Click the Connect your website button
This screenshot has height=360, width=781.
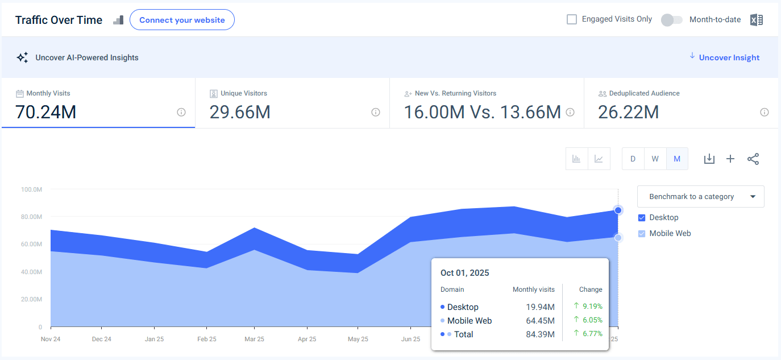tap(182, 20)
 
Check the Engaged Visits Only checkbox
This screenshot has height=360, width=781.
tap(572, 19)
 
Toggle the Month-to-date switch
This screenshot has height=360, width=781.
tap(672, 20)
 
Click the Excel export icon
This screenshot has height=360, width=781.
tap(756, 20)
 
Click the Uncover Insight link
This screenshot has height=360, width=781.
tap(729, 57)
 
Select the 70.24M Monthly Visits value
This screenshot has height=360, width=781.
tap(46, 112)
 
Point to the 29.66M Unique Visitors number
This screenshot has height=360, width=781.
tap(240, 112)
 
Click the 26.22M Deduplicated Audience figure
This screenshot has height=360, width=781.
tap(629, 112)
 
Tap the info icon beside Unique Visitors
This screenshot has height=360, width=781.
tap(376, 113)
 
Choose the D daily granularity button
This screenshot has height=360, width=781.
tap(633, 159)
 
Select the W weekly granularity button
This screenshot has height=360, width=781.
tap(655, 159)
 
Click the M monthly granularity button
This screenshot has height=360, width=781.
tap(677, 159)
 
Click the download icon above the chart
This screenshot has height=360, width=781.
tap(709, 159)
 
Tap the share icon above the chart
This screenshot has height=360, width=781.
tap(753, 159)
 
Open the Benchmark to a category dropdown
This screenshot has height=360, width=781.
tap(700, 196)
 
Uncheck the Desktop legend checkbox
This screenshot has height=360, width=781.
tap(642, 218)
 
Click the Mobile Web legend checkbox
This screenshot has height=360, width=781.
tap(642, 234)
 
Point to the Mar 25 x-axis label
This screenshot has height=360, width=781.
tap(254, 339)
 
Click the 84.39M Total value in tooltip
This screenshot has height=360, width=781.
tap(540, 334)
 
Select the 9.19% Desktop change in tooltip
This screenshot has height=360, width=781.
tap(592, 306)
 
